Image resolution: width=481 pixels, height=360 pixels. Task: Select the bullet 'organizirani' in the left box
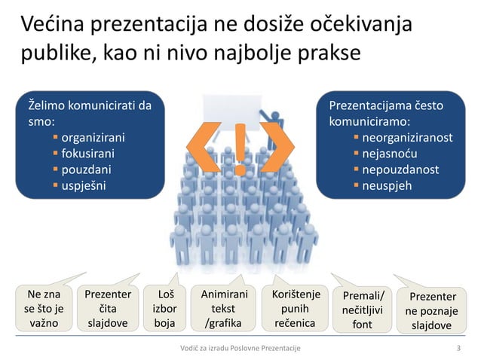93,139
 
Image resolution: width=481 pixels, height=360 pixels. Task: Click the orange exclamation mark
240,149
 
